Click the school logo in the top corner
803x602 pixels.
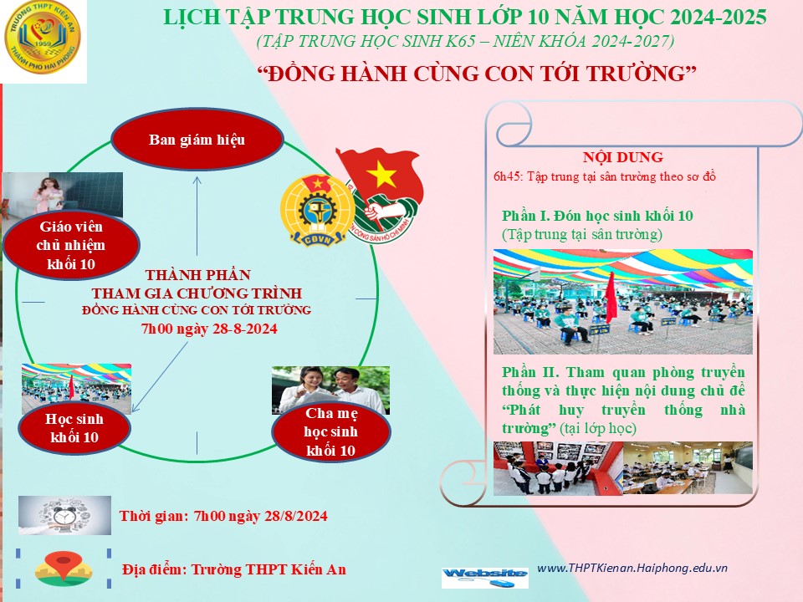42,38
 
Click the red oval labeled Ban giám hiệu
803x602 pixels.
197,140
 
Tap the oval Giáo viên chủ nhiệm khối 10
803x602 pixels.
71,245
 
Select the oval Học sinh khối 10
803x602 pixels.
74,428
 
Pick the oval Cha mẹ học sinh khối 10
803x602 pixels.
331,431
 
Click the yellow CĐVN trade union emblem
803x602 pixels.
318,211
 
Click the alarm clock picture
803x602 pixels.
64,515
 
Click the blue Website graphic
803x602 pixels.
485,577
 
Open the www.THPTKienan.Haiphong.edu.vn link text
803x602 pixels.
632,568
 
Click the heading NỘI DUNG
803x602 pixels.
622,157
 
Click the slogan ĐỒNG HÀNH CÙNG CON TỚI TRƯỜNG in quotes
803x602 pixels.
477,74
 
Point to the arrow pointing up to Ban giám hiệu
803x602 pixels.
197,216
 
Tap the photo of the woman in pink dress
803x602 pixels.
63,195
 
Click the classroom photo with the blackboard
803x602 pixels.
688,468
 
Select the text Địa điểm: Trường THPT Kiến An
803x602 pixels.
234,569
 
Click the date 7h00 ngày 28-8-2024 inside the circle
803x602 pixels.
209,329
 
